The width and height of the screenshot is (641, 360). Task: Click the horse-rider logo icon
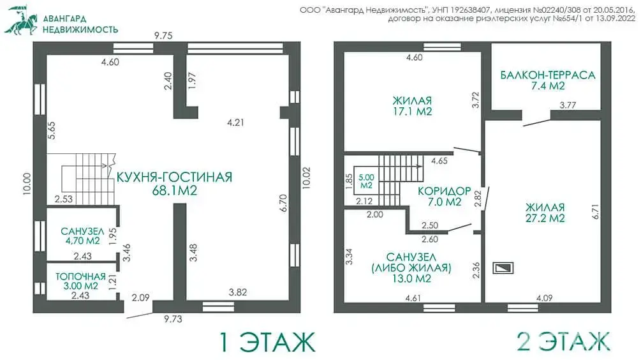coord(20,20)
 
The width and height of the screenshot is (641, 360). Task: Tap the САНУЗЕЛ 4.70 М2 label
coord(82,236)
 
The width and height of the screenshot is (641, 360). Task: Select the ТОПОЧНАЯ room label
coord(80,276)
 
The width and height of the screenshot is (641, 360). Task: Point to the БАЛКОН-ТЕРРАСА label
coord(548,75)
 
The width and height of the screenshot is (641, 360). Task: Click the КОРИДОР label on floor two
coord(445,191)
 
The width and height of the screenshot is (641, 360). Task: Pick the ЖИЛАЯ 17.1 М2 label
coord(413,106)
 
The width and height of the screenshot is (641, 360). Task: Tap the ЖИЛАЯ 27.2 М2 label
coord(545,213)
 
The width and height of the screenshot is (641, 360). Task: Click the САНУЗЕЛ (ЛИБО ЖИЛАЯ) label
coord(411,268)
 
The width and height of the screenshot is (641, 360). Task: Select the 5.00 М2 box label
coord(366,181)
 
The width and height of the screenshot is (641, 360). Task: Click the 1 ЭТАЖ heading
coord(268,342)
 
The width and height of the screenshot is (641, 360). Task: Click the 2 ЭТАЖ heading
coord(563,341)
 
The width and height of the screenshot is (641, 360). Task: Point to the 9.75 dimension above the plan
coord(163,36)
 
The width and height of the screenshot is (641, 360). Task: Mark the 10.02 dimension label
coord(306,177)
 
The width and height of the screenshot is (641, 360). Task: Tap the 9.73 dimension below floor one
coord(173,319)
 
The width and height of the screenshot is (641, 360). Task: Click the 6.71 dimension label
coord(595,211)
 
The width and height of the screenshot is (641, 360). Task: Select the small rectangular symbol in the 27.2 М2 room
coord(503,268)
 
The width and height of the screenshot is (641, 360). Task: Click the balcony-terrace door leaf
coord(537,123)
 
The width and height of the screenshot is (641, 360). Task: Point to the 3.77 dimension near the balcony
coord(568,105)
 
